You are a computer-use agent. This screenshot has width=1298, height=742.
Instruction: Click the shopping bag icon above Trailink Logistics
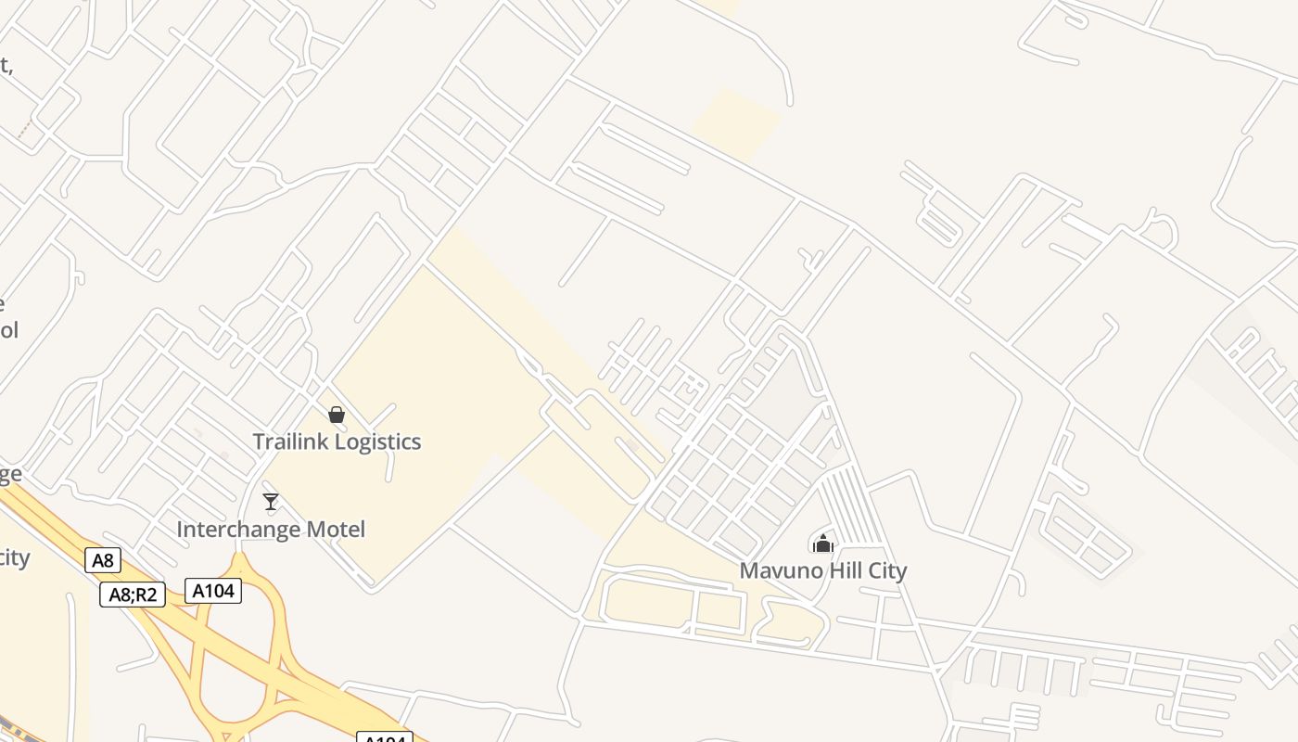[x=337, y=415]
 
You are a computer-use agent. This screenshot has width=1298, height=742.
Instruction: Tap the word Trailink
[x=291, y=441]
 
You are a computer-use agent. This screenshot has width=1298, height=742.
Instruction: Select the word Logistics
[x=378, y=442]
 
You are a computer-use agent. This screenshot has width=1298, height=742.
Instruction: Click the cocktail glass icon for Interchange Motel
[x=271, y=502]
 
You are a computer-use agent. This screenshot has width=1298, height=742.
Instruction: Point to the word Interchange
[x=233, y=530]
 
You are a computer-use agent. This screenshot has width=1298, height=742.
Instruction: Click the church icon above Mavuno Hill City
[x=822, y=543]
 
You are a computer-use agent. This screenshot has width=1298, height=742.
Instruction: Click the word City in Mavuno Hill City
[x=884, y=570]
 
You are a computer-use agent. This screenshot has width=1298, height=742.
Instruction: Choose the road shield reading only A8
[x=103, y=560]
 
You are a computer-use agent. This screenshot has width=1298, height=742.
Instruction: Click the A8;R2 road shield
[x=133, y=595]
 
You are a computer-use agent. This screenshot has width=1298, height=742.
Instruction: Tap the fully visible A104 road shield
[x=213, y=591]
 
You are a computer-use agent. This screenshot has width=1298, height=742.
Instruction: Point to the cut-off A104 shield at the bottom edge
[x=385, y=737]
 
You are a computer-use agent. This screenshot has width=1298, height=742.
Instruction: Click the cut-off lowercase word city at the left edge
[x=14, y=558]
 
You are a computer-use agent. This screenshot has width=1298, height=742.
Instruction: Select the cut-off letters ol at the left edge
[x=8, y=330]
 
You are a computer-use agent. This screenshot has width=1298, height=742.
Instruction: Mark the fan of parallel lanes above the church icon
[x=851, y=505]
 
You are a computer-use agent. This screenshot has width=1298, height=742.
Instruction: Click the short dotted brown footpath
[x=25, y=130]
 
